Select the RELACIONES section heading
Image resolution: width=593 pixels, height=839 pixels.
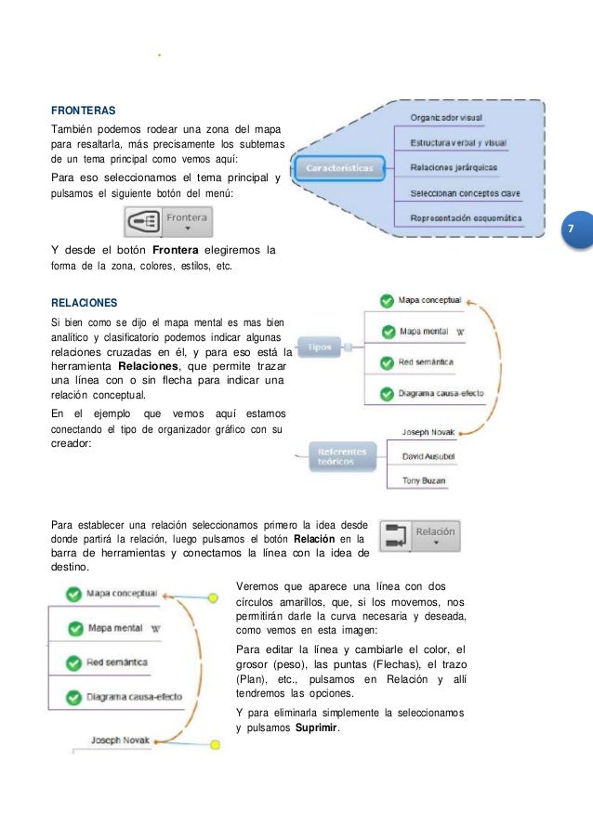(84, 302)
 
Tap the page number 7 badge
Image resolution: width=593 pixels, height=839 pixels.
(571, 229)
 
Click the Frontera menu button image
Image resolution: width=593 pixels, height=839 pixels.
(169, 222)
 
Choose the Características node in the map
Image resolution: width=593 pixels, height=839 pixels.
(339, 168)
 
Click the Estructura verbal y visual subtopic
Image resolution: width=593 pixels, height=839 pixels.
(458, 143)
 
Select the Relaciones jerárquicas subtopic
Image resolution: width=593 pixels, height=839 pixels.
(454, 168)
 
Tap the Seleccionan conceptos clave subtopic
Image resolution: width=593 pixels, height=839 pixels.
(465, 193)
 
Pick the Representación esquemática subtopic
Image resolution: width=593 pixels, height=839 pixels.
(466, 219)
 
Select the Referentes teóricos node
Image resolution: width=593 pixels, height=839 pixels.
(342, 456)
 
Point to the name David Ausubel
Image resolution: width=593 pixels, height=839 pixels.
(428, 457)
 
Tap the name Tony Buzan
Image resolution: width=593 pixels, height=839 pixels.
(423, 480)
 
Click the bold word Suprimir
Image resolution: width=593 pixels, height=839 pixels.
(316, 728)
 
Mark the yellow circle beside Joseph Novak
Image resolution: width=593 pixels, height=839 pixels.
(215, 743)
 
